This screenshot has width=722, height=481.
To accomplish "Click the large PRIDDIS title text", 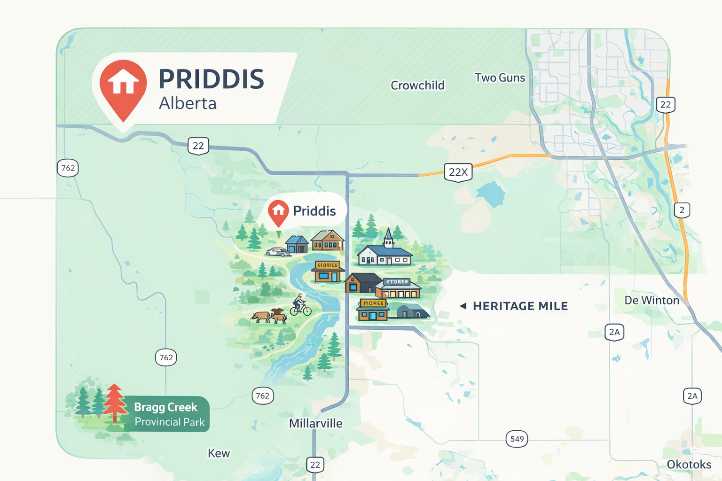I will pyautogui.click(x=211, y=79).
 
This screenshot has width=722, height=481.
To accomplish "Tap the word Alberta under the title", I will pyautogui.click(x=188, y=103).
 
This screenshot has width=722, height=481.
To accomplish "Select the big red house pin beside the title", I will pyautogui.click(x=123, y=87).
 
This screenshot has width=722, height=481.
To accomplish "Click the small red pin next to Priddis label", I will pyautogui.click(x=278, y=212).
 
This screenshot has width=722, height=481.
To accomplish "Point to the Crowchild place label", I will pyautogui.click(x=417, y=85).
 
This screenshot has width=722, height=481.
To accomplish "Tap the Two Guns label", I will pyautogui.click(x=500, y=78).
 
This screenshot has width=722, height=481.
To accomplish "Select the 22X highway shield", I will pyautogui.click(x=458, y=172).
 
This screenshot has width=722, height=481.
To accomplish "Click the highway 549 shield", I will pyautogui.click(x=517, y=439).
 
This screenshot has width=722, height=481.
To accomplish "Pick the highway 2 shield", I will pyautogui.click(x=682, y=210).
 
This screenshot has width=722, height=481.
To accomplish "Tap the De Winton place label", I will pyautogui.click(x=651, y=300).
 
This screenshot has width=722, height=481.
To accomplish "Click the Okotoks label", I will pyautogui.click(x=689, y=464).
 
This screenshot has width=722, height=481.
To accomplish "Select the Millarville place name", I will pyautogui.click(x=315, y=423).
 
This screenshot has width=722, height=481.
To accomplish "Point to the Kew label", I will pyautogui.click(x=219, y=453).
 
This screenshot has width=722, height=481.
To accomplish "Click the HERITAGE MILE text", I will pyautogui.click(x=520, y=306).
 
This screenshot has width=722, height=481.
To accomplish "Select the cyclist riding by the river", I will pyautogui.click(x=299, y=305).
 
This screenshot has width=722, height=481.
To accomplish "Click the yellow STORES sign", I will pyautogui.click(x=328, y=265).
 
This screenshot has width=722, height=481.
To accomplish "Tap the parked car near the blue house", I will pyautogui.click(x=278, y=252).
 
